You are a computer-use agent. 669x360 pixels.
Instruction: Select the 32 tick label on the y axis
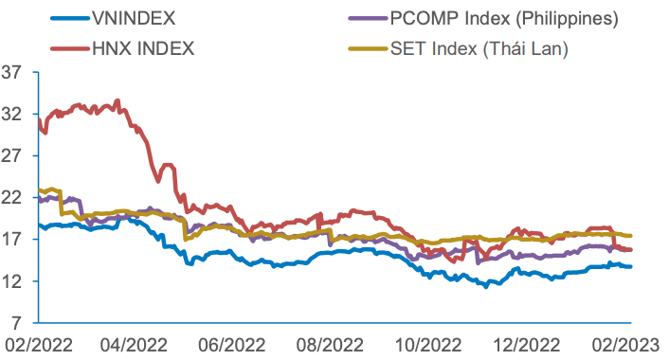pyautogui.click(x=12, y=113)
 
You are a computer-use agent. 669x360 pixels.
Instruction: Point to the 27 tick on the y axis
pyautogui.click(x=12, y=155)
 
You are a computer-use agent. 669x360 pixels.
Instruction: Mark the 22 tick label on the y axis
pyautogui.click(x=12, y=197)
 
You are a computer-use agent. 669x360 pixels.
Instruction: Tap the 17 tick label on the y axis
pyautogui.click(x=12, y=240)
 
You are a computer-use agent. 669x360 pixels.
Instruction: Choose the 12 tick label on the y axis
pyautogui.click(x=12, y=281)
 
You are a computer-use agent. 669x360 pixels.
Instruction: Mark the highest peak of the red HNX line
pyautogui.click(x=118, y=99)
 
